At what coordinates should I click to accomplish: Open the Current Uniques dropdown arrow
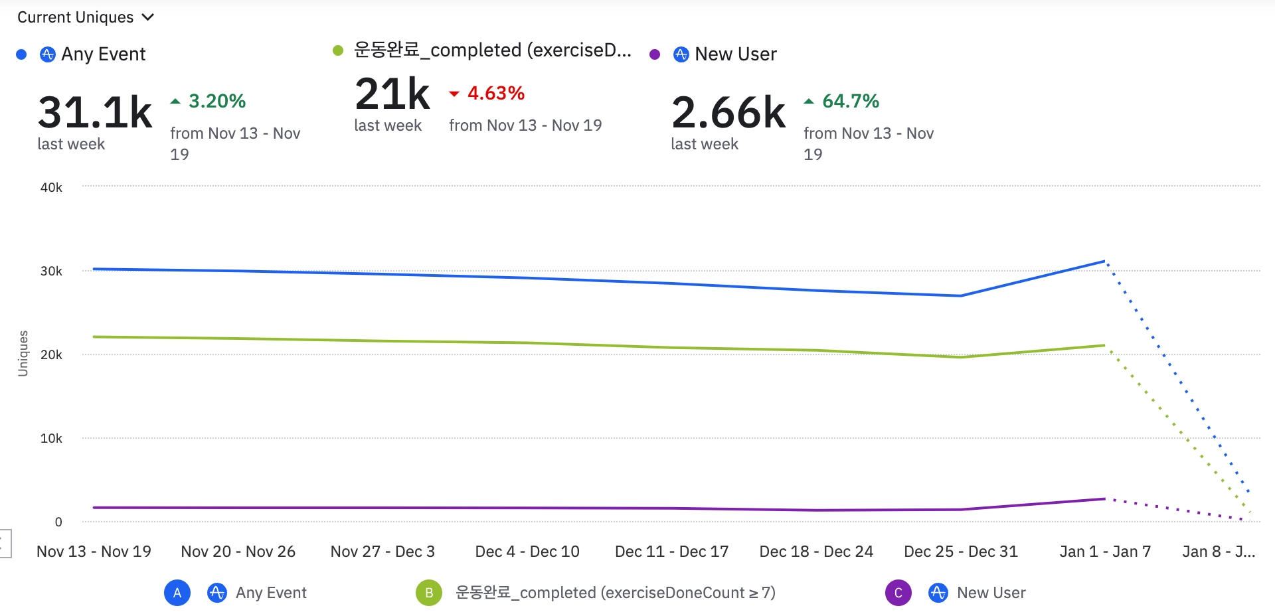click(148, 17)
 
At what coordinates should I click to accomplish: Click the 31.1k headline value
click(95, 112)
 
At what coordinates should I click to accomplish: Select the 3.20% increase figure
click(216, 101)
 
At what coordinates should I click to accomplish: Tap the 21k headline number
click(392, 94)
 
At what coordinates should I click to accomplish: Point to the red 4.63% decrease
click(495, 93)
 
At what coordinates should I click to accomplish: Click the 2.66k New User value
click(728, 112)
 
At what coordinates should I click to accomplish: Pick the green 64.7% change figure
click(850, 101)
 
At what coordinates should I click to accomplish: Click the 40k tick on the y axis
click(51, 187)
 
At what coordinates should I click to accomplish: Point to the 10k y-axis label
click(51, 438)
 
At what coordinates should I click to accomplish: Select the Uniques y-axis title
click(23, 353)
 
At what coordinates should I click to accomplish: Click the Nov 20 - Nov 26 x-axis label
click(238, 552)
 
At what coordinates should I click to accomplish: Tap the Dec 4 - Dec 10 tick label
click(527, 552)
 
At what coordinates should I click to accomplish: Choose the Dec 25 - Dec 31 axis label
click(960, 552)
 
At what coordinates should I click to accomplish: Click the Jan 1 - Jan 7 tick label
click(1105, 552)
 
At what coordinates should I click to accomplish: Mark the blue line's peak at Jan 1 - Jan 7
click(1104, 261)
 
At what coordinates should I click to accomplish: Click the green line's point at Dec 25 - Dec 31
click(961, 357)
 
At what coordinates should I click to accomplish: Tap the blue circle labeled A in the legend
click(177, 593)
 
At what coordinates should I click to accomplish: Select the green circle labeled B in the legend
click(429, 593)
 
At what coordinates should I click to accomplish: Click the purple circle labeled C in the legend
click(898, 593)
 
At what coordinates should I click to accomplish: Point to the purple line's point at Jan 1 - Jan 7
click(1104, 498)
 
